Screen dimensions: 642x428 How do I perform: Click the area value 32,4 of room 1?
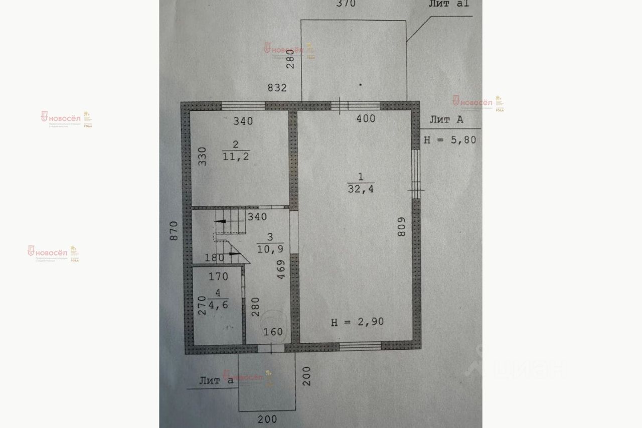point(360,189)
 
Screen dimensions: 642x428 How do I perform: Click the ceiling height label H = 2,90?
point(357,322)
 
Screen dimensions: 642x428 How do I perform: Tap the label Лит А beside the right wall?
point(446,120)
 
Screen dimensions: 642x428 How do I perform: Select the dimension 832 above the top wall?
point(277,88)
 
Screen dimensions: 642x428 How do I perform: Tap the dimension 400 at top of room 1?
point(365,118)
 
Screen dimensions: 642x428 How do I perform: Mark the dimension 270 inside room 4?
point(201,306)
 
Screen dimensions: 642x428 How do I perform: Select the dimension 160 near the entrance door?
point(273,332)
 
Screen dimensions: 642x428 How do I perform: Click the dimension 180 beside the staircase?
point(215,258)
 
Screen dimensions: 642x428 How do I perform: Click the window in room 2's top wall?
point(243,106)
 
